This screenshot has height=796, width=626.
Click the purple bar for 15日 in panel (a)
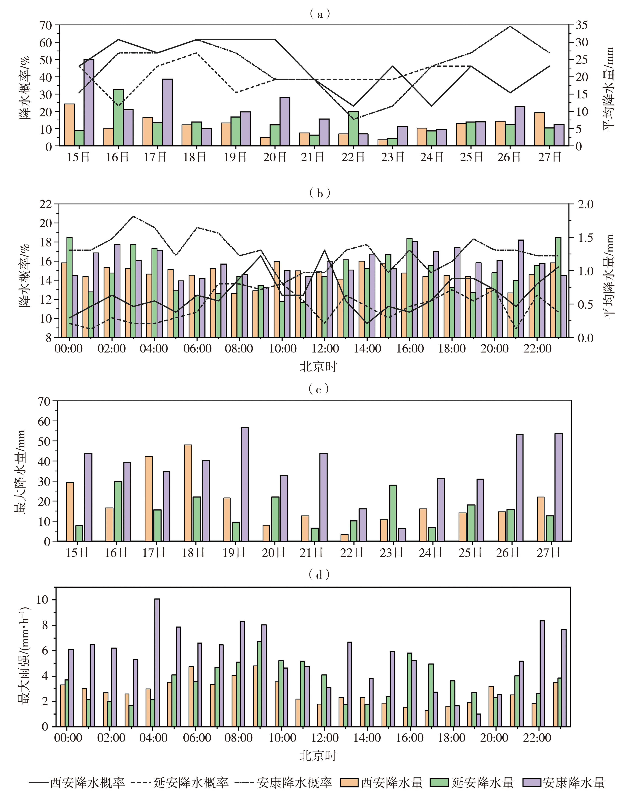pyautogui.click(x=89, y=103)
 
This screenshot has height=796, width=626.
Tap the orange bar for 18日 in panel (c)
pyautogui.click(x=188, y=493)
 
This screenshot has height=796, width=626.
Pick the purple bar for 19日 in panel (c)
pyautogui.click(x=244, y=484)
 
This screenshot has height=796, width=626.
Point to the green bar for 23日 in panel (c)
pyautogui.click(x=393, y=513)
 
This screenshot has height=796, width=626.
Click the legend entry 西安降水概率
pyautogui.click(x=77, y=782)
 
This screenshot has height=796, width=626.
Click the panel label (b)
pyautogui.click(x=320, y=193)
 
